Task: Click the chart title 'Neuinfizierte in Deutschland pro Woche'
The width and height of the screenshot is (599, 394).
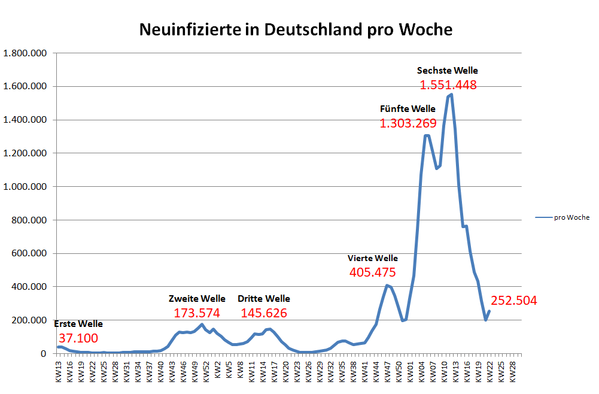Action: pos(296,29)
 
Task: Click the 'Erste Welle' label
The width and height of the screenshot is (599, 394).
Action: pos(78,324)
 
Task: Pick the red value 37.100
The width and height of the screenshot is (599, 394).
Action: pos(78,338)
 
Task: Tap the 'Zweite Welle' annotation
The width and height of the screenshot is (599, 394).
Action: pos(197,299)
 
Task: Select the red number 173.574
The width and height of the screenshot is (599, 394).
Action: pos(197,313)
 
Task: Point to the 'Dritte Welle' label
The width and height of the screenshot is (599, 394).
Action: pos(263,299)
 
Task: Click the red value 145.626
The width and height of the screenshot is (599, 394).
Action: pos(263,313)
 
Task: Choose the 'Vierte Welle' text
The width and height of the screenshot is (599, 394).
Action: pos(372,259)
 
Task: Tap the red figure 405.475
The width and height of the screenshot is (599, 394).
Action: pos(372,272)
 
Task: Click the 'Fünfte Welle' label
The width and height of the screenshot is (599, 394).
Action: pos(408,109)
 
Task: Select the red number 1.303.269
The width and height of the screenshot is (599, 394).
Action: pos(408,123)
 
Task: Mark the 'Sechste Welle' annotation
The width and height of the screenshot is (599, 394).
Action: pos(448,71)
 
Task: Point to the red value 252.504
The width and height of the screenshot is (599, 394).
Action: pos(514,301)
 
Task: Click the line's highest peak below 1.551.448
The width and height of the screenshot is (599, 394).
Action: pos(451,95)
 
